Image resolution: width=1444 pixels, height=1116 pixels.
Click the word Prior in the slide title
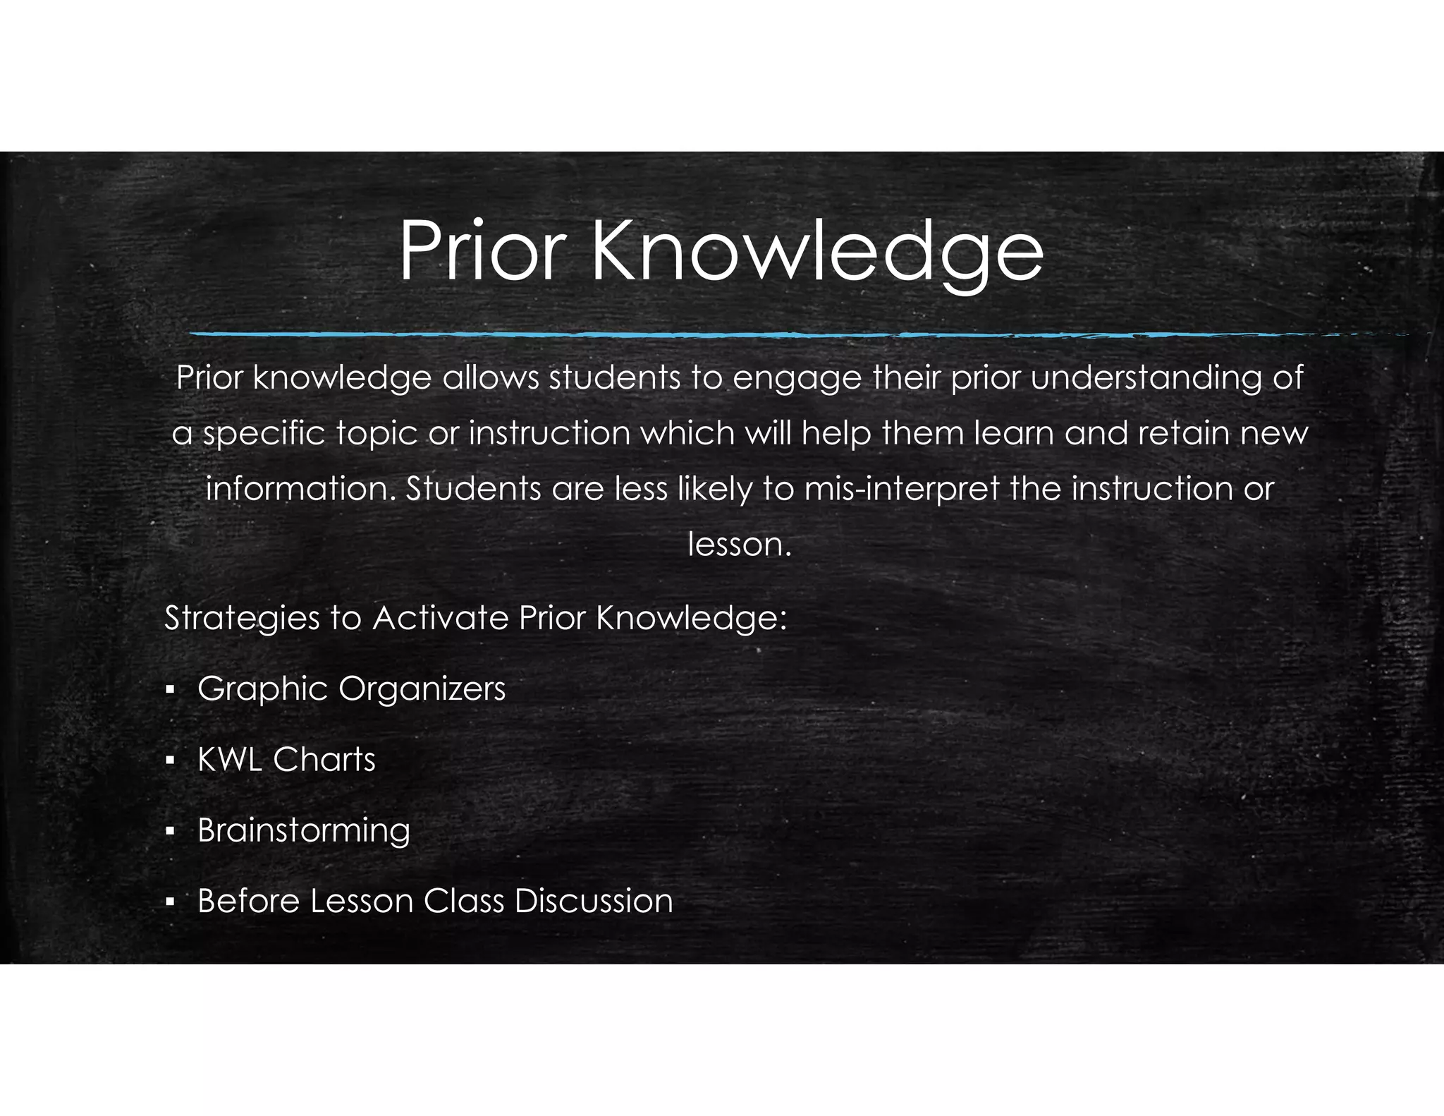tap(482, 251)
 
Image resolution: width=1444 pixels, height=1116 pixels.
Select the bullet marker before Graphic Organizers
tap(169, 689)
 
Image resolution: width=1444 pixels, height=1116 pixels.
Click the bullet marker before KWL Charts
tap(169, 760)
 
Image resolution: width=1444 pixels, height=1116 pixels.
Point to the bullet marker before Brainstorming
tap(169, 831)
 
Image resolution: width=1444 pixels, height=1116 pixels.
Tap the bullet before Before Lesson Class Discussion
tap(169, 902)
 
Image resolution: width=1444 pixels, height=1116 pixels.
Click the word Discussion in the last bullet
tap(594, 901)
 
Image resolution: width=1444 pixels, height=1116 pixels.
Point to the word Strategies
tap(243, 619)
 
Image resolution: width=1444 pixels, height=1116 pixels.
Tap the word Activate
tap(440, 618)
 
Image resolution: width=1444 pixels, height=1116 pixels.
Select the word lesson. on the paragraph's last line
tap(739, 545)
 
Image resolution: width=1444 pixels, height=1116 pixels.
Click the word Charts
tap(324, 760)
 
